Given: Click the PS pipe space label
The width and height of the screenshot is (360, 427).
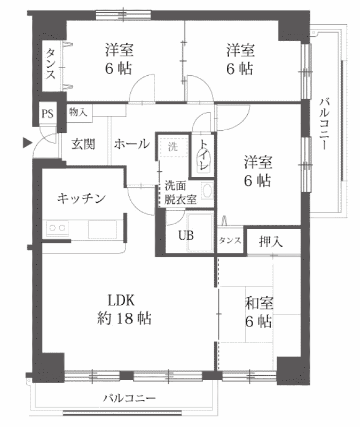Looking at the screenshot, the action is (48, 113).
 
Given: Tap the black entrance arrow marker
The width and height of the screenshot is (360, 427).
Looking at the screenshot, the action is (27, 143).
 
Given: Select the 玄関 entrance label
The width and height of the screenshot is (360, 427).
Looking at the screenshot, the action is (83, 144).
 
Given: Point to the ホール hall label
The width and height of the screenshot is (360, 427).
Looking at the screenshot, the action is (132, 144).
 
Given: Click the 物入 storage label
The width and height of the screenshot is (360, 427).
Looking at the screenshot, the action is (78, 112).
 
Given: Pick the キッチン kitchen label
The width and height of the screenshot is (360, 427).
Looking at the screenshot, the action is (81, 199).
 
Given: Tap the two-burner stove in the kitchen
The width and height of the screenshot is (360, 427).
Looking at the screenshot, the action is (57, 228).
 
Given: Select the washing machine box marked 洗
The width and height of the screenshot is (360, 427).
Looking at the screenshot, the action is (173, 147).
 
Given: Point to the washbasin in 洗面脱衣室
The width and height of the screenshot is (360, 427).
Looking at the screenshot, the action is (207, 190).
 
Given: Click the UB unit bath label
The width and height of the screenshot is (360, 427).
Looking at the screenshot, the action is (186, 235).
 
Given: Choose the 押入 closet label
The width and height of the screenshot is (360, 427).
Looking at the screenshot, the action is (271, 241).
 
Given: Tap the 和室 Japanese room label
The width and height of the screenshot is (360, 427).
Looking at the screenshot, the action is (259, 303).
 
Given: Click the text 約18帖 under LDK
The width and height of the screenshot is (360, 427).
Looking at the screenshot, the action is (124, 318).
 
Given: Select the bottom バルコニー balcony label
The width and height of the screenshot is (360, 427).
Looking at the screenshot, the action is (129, 398).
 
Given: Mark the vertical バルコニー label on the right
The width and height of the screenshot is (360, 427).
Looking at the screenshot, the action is (324, 124).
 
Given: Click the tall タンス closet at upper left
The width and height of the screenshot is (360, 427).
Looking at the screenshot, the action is (51, 66).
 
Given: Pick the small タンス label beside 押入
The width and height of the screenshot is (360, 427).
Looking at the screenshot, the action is (230, 241).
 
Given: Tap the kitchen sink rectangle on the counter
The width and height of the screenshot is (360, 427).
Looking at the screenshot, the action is (102, 230).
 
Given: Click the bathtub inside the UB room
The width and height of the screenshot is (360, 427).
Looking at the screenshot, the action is (200, 232).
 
